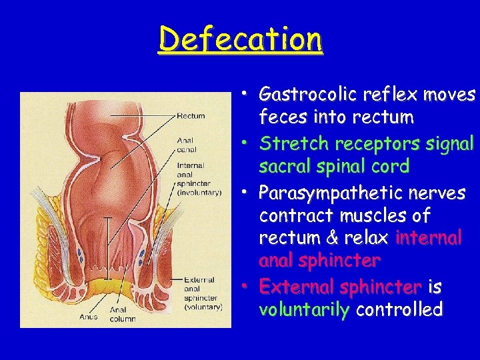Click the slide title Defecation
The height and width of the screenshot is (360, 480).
tap(241, 39)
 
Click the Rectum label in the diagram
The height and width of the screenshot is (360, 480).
tap(191, 116)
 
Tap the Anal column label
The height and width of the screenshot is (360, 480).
tap(122, 314)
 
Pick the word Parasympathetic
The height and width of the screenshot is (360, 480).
tap(311, 193)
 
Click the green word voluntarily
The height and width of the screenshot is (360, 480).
tap(304, 310)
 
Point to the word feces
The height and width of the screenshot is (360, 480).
tap(280, 118)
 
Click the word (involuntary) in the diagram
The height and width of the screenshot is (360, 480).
tap(199, 192)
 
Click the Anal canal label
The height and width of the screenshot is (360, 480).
tap(185, 144)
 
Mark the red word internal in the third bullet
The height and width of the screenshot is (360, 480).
tap(428, 239)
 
